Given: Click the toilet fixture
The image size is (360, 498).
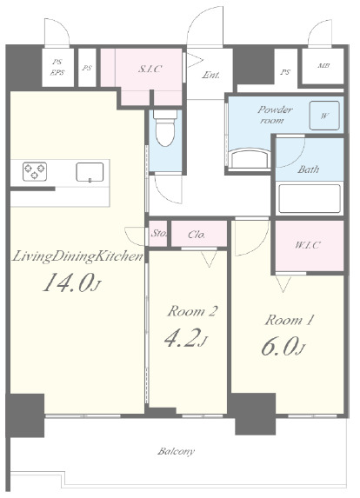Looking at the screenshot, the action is pyautogui.click(x=165, y=128).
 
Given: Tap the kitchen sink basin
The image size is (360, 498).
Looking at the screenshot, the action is pyautogui.click(x=90, y=172).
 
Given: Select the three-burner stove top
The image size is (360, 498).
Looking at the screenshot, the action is pyautogui.click(x=35, y=171).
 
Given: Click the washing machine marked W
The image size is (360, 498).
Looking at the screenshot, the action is pyautogui.click(x=324, y=116).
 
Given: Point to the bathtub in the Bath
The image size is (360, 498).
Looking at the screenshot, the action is pyautogui.click(x=310, y=198).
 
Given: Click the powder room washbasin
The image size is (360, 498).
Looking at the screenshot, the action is pyautogui.click(x=250, y=158).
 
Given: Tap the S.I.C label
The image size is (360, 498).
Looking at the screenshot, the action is pyautogui.click(x=150, y=69).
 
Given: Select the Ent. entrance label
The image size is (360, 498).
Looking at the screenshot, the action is pyautogui.click(x=211, y=75).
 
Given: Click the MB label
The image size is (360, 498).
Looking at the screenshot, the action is pyautogui.click(x=323, y=66).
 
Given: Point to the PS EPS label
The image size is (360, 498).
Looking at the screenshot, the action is pyautogui.click(x=57, y=67).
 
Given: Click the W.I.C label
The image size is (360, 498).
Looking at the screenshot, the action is pyautogui.click(x=308, y=245).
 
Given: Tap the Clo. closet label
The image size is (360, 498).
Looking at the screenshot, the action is pyautogui.click(x=197, y=235).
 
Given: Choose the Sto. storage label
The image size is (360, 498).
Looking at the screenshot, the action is pyautogui.click(x=158, y=234).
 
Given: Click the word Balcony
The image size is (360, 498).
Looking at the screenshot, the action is pyautogui.click(x=176, y=451).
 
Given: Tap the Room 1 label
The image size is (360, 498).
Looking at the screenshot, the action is pyautogui.click(x=290, y=320).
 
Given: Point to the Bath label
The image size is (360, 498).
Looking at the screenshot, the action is pyautogui.click(x=308, y=169).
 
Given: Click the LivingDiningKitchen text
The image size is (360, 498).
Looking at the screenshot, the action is pyautogui.click(x=77, y=256).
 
